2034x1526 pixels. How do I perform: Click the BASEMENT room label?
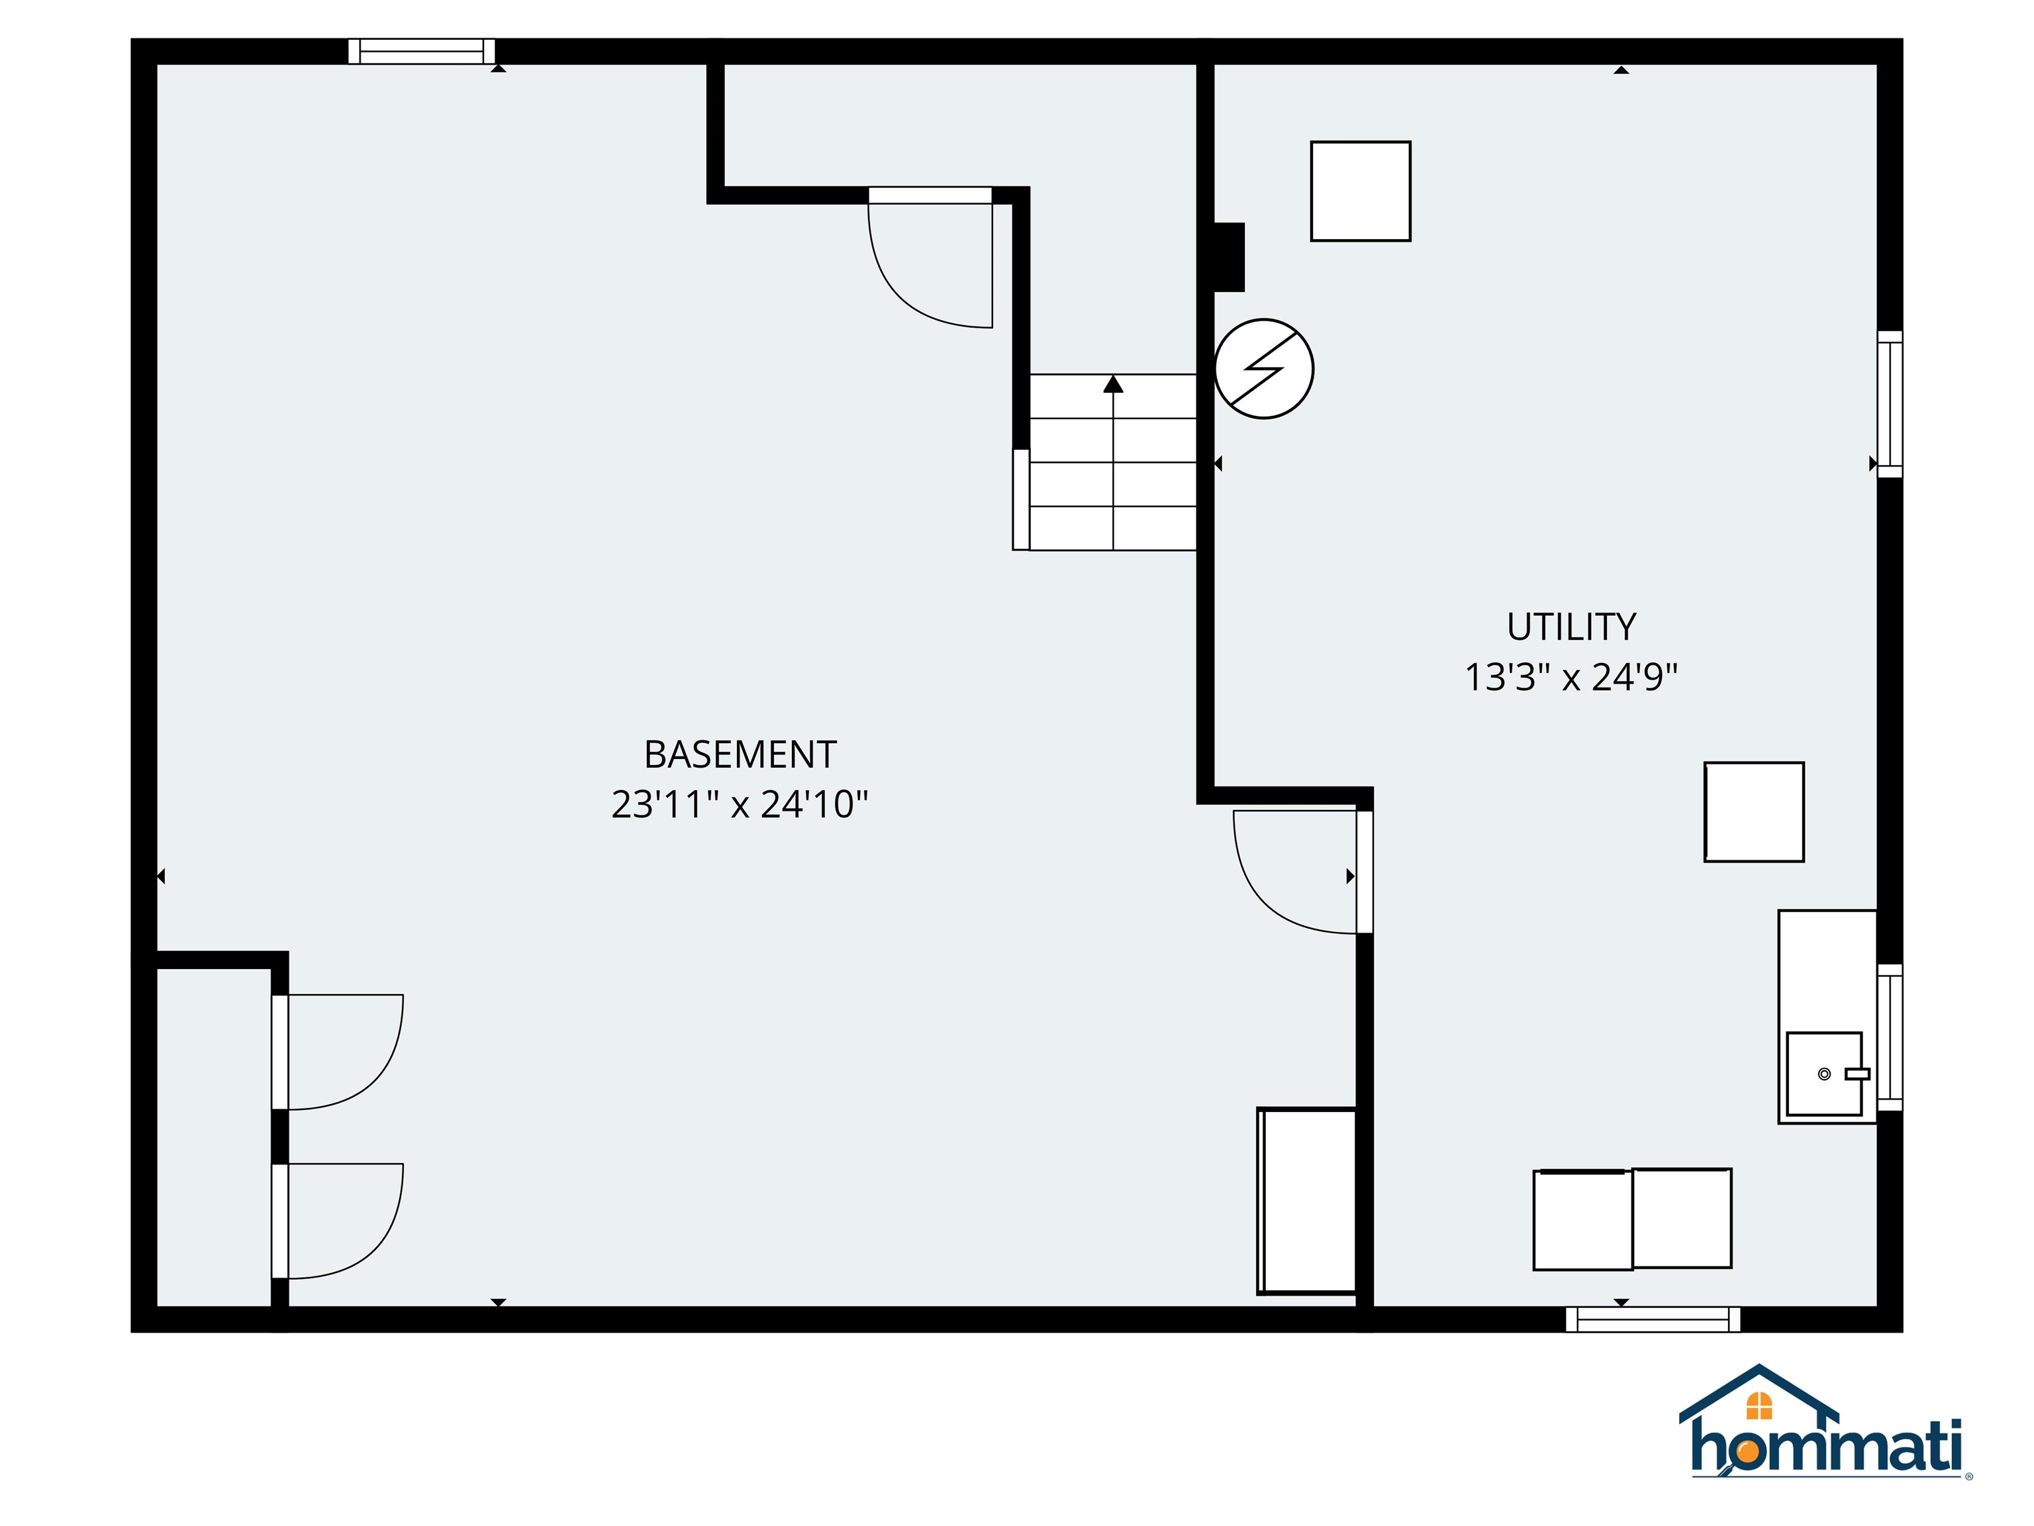pos(740,754)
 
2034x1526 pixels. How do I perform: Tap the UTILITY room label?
pos(1571,627)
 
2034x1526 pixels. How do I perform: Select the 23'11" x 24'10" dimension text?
pos(740,805)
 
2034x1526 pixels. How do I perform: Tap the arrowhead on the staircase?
pos(1114,383)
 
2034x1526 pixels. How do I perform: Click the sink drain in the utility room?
pos(1824,1074)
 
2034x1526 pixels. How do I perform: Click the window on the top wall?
pos(422,52)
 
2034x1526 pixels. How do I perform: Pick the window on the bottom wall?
pos(1653,1319)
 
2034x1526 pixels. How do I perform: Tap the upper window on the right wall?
pos(1890,404)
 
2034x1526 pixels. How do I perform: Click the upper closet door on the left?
pos(377,1076)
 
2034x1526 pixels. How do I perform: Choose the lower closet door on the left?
pos(377,1246)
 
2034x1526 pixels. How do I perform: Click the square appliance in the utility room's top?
pos(1360,191)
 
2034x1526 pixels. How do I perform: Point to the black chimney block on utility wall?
pos(1230,258)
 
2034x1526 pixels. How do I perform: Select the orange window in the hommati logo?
pos(1759,1405)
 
